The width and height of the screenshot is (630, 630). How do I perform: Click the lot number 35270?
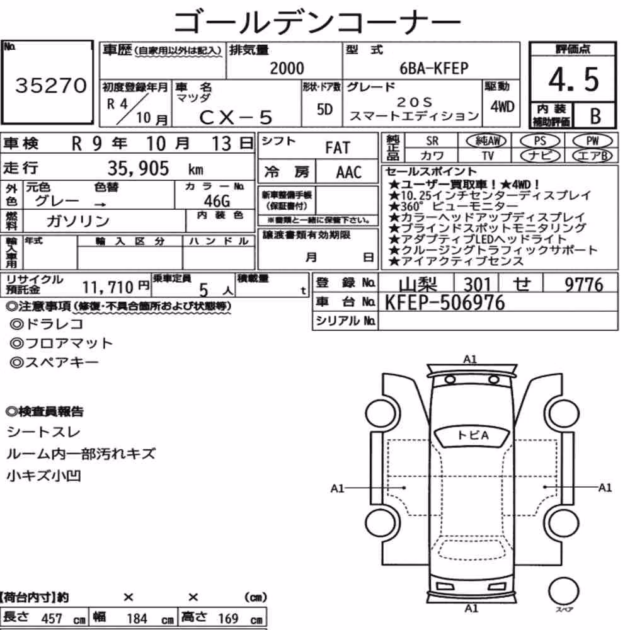[x=51, y=85]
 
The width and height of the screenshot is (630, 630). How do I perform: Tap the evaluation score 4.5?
[x=573, y=79]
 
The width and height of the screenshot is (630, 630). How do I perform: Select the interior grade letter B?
[x=595, y=116]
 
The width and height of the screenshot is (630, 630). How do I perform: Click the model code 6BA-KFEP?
[x=433, y=68]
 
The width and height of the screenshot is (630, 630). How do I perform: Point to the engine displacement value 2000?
[x=287, y=68]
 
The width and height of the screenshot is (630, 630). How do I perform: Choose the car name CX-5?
[x=236, y=117]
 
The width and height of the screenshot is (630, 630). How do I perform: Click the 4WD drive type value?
[x=502, y=106]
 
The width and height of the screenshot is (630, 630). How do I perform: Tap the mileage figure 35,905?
[x=138, y=168]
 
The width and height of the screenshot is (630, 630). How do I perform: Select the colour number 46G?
[x=217, y=200]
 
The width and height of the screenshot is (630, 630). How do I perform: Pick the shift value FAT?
[x=338, y=148]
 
